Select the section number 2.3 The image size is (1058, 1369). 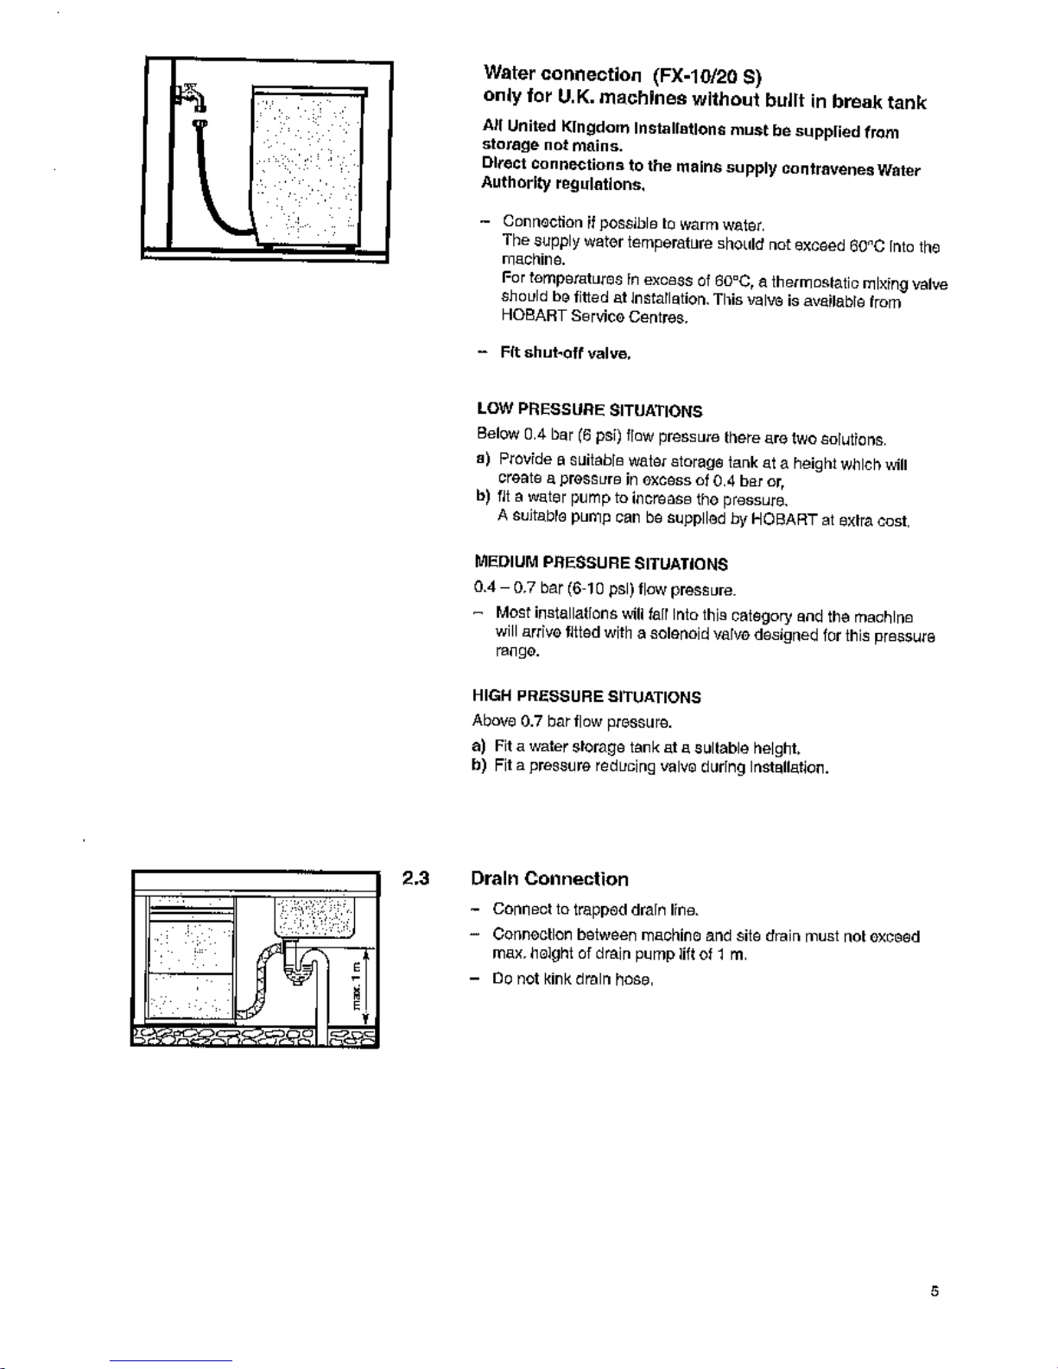click(x=415, y=879)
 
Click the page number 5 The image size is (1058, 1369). click(x=934, y=1291)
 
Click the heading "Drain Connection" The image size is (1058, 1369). click(x=549, y=879)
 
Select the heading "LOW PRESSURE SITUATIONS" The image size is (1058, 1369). click(x=589, y=410)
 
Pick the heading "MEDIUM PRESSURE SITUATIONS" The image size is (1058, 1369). click(x=600, y=564)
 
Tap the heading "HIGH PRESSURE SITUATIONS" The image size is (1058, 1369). click(x=586, y=697)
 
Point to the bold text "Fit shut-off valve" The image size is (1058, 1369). click(x=566, y=353)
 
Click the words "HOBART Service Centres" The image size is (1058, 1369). click(x=594, y=317)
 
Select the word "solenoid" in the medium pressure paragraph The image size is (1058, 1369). click(x=682, y=635)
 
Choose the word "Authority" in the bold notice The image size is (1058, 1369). click(x=511, y=184)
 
